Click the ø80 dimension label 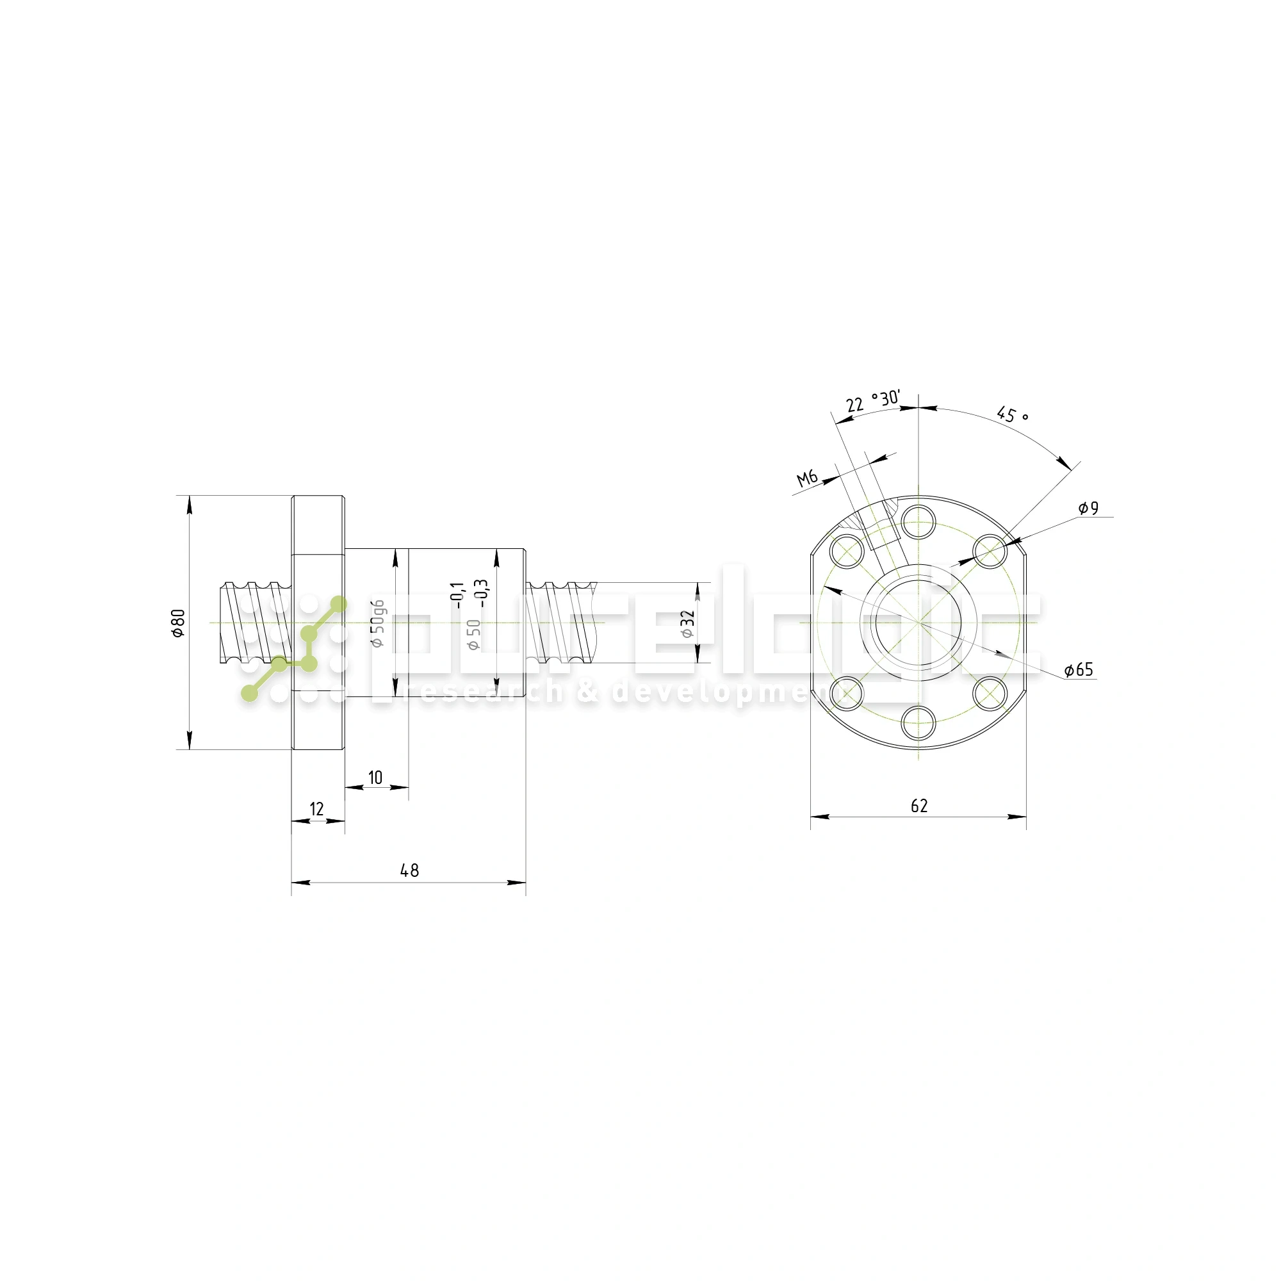[177, 623]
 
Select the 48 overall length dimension [410, 870]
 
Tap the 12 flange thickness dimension [317, 809]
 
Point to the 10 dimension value [375, 778]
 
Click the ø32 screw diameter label [687, 624]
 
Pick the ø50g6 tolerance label [377, 623]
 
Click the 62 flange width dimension [919, 806]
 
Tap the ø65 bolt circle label [1079, 671]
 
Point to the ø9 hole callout [1088, 509]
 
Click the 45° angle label [1012, 415]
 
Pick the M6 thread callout [807, 477]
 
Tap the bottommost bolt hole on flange [919, 722]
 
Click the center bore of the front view [918, 623]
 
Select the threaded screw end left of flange [256, 622]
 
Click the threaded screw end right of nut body [561, 623]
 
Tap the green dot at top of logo [339, 604]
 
